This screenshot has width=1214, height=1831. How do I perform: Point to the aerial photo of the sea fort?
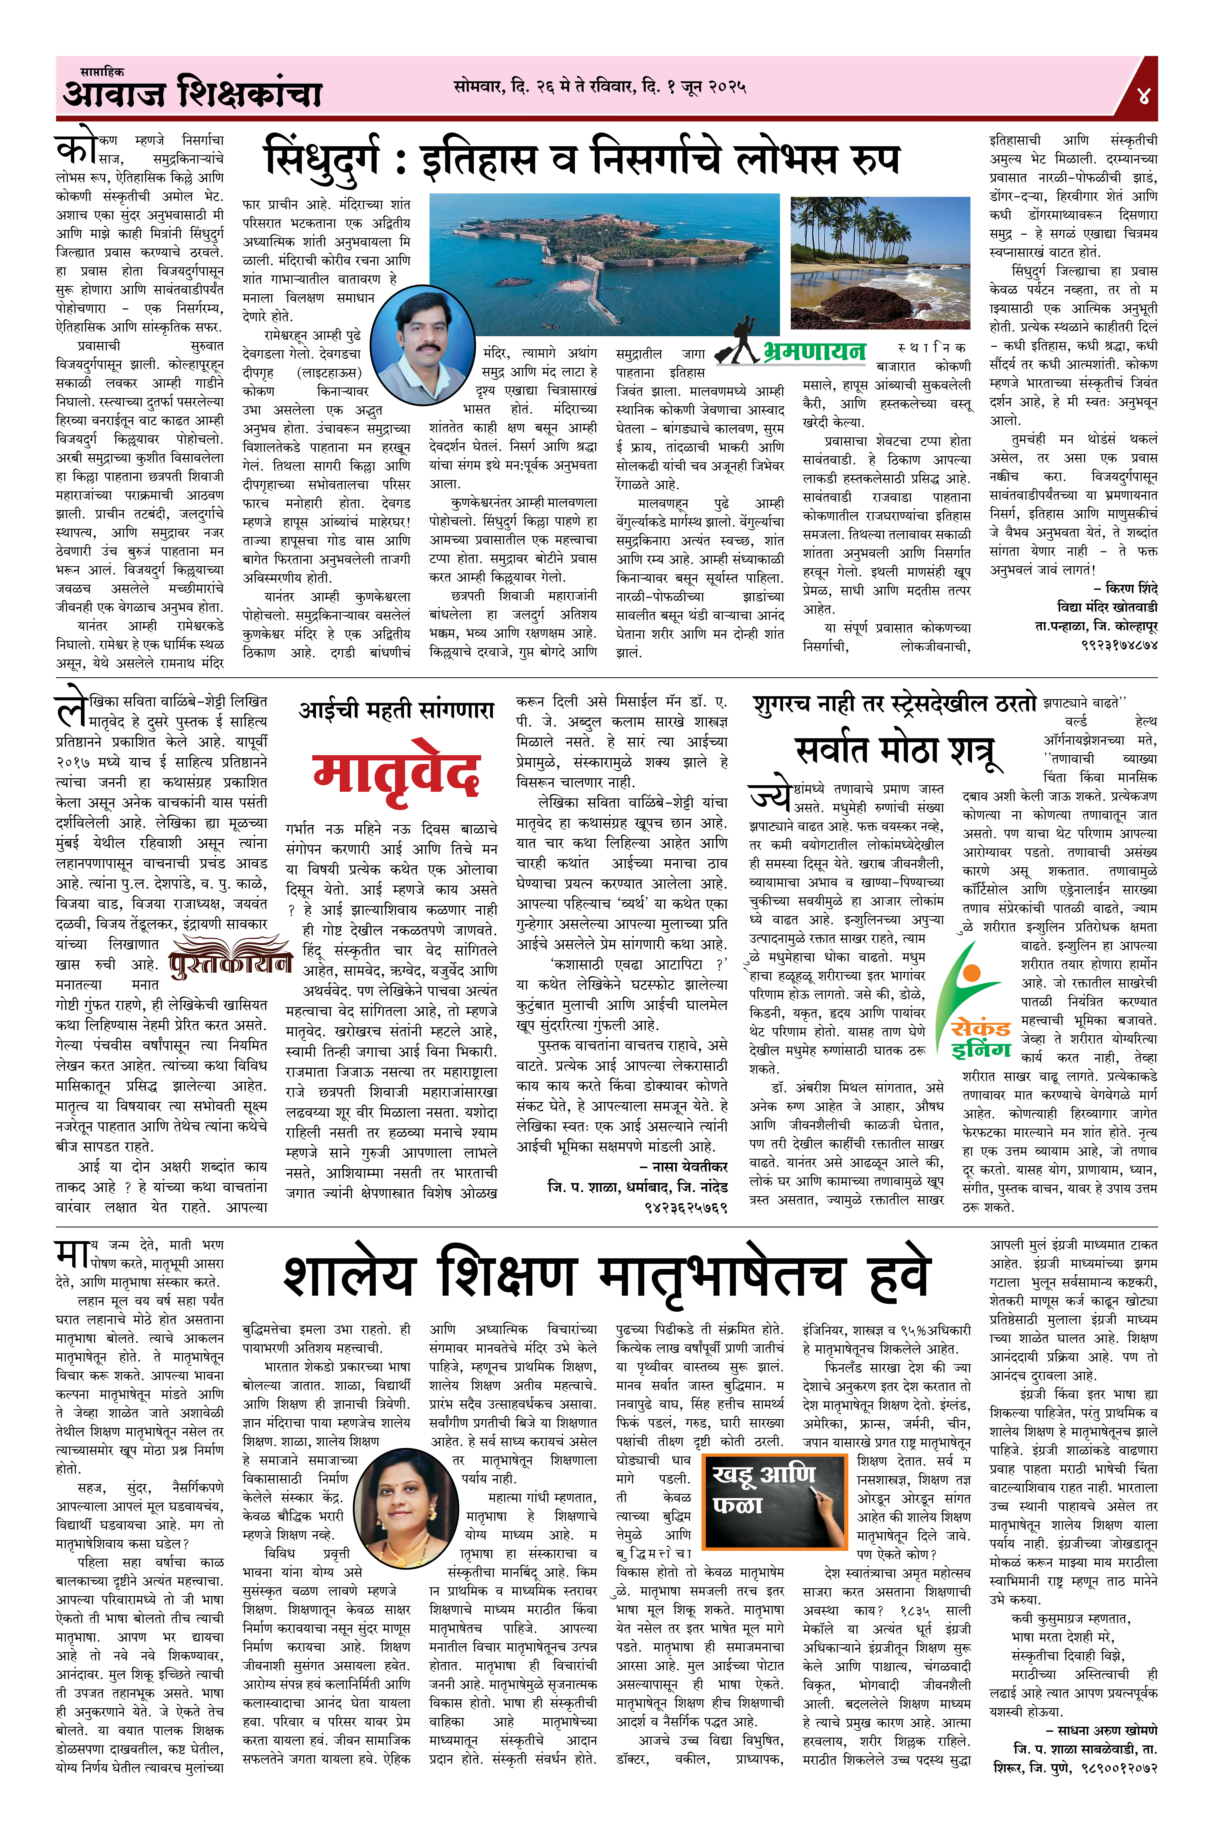click(x=604, y=263)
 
